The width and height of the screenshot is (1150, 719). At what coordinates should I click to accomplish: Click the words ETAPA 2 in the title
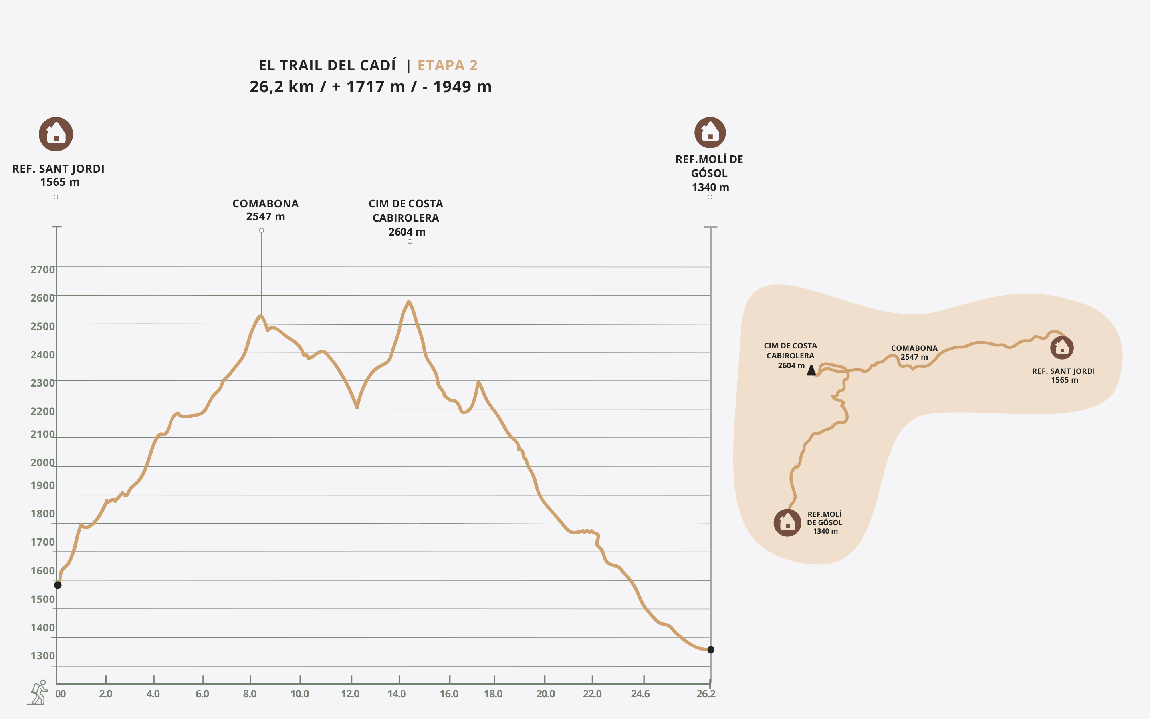(447, 65)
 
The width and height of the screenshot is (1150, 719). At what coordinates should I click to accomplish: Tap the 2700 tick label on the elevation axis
(42, 270)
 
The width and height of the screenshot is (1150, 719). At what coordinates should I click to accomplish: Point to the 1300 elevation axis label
(42, 656)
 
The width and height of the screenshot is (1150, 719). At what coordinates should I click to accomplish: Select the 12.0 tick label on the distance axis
(350, 694)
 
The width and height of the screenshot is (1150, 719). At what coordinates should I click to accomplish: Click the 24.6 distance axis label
(640, 694)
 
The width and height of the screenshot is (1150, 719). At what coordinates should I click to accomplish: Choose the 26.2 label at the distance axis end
(706, 694)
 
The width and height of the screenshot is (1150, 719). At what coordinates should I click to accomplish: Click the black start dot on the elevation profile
(58, 585)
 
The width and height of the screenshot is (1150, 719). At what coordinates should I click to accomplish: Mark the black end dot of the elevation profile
(710, 649)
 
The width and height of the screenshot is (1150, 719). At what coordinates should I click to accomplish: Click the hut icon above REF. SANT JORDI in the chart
(56, 134)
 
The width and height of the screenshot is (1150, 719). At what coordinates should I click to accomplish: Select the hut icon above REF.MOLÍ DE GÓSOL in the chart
(710, 133)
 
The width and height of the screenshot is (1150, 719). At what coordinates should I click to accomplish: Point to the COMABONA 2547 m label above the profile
(265, 210)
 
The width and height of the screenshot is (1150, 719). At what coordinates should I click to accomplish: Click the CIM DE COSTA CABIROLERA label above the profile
(406, 218)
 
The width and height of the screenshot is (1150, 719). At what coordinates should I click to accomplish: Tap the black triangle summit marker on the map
(811, 370)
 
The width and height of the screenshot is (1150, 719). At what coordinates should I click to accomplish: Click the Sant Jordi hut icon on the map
(1062, 348)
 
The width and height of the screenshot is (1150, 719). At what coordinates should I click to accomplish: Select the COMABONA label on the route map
(914, 352)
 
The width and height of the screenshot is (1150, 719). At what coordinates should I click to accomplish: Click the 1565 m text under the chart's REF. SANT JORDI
(60, 182)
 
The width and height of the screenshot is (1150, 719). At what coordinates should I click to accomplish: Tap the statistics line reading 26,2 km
(370, 87)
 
